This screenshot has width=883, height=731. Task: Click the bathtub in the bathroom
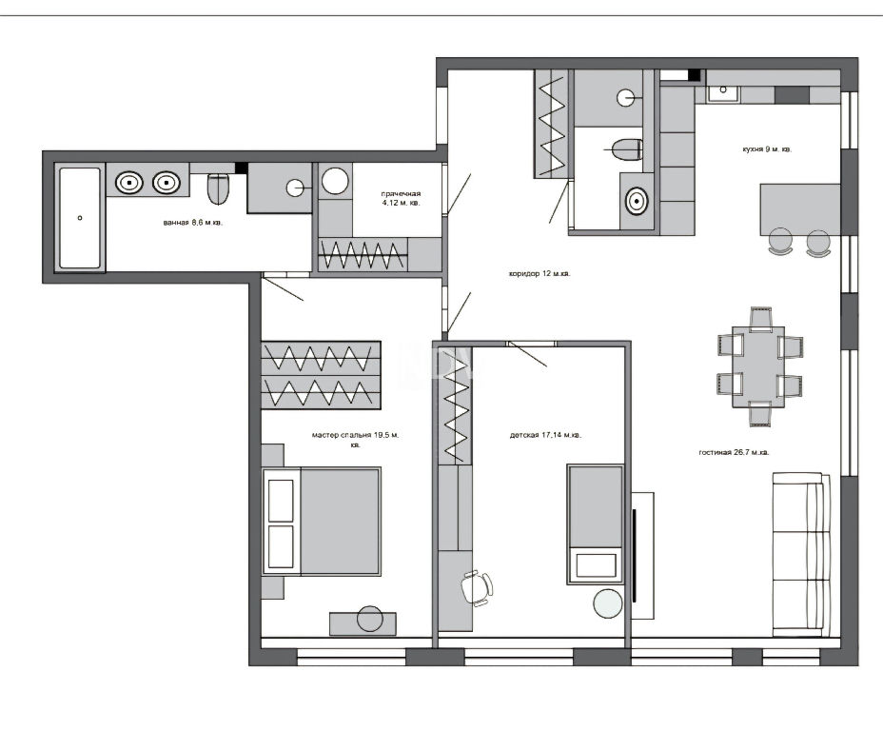coord(80,217)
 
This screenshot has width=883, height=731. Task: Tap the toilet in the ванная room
coord(218,188)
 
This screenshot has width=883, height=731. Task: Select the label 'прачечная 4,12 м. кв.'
coord(401,198)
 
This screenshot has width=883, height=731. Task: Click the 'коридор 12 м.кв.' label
coord(539,274)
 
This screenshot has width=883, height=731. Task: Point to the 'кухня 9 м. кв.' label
coord(767,149)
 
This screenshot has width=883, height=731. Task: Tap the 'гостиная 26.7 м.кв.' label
coord(734,452)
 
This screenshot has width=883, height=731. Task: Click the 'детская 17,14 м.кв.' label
coord(545,435)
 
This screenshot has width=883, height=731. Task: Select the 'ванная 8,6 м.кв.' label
coord(192,223)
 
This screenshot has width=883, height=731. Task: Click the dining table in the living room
coord(758,366)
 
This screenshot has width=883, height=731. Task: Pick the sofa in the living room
coord(801,554)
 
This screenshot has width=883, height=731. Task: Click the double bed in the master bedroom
coord(322,521)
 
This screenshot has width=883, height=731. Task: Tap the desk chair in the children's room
coord(477,587)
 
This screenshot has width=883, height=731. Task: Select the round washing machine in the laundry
coord(335,181)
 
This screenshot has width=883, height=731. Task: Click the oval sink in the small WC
coord(637,201)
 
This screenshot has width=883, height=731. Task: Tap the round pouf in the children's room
coord(608,603)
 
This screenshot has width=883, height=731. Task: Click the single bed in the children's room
coord(596,524)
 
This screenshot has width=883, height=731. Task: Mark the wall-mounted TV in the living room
coord(635,555)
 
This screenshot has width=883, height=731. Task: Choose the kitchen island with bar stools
coord(799,209)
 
